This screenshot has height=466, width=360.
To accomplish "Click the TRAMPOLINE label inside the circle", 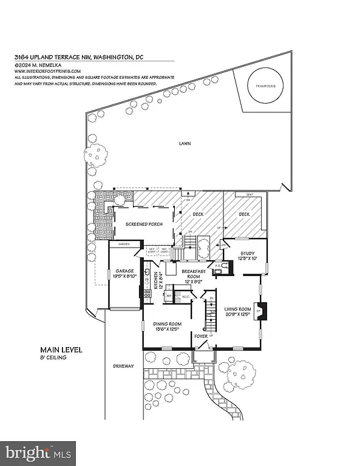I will pyautogui.click(x=265, y=87).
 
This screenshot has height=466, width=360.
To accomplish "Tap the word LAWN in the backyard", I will pyautogui.click(x=185, y=144).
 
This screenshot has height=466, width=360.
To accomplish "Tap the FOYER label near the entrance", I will pyautogui.click(x=201, y=335).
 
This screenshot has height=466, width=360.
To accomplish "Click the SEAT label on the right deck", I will pyautogui.click(x=249, y=195).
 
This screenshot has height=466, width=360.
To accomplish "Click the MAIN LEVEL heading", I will pyautogui.click(x=61, y=350).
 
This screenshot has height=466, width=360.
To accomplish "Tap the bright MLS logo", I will pyautogui.click(x=38, y=452).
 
